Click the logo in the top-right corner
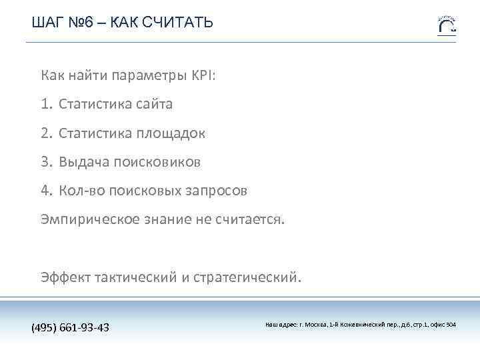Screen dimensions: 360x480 447,25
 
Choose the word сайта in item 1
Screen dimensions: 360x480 154,104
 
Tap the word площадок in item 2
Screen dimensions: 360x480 171,133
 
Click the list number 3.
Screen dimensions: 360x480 45,162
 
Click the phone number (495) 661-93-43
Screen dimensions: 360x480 71,328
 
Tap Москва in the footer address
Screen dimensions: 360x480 315,325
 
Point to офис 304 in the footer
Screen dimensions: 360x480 443,325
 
